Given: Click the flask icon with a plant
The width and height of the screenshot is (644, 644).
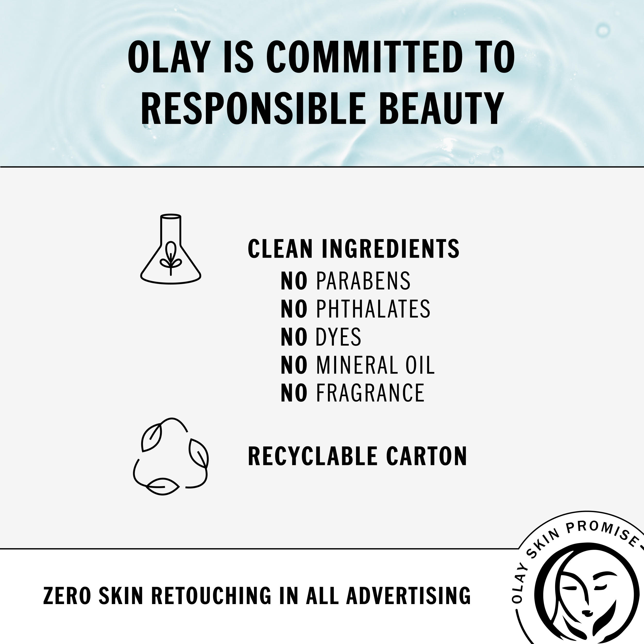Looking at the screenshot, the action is [x=171, y=249].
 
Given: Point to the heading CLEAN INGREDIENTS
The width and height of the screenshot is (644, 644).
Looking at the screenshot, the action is [x=354, y=249].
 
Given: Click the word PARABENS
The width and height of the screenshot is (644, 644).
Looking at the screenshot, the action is [x=363, y=281].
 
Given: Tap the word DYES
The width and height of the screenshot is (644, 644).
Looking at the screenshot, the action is [x=338, y=337].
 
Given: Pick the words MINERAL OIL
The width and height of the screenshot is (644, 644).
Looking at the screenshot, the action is [x=375, y=365].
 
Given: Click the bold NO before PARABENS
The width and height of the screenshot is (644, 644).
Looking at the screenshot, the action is [x=294, y=281].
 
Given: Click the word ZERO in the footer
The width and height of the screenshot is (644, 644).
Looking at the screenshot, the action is [x=67, y=595].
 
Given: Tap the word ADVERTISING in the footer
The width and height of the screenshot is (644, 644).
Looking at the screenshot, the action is [x=408, y=595].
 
